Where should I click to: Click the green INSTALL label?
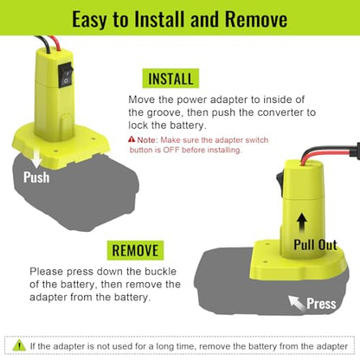point(170,79)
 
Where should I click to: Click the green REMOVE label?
point(135,250)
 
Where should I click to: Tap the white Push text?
point(36,177)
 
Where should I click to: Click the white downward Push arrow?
point(36,159)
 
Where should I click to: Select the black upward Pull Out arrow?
point(302,223)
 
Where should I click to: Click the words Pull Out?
point(315,245)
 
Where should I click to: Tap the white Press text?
point(321,304)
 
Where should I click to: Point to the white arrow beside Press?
point(297,304)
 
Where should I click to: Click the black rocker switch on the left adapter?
point(66,75)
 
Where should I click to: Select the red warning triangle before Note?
point(132,139)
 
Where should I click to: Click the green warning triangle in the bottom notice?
point(19,345)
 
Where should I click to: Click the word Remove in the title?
point(256,19)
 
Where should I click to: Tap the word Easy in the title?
point(89,20)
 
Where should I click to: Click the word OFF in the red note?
point(171,150)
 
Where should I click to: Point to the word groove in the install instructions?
point(165,112)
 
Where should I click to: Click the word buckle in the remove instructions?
point(160,272)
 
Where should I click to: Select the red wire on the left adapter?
point(55,43)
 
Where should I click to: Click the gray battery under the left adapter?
point(75,193)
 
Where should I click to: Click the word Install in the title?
point(159,19)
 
